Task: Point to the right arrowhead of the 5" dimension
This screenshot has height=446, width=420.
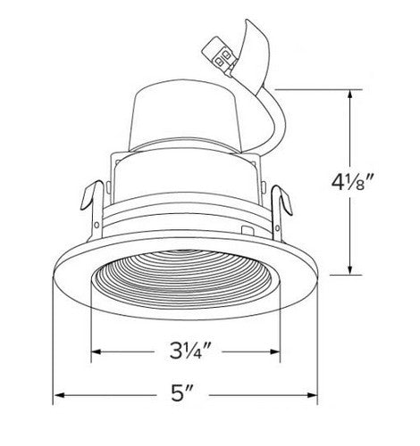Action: pyautogui.click(x=316, y=395)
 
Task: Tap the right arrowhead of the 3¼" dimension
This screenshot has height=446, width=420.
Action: pyautogui.click(x=281, y=351)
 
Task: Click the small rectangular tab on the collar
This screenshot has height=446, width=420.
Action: pyautogui.click(x=247, y=230)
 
